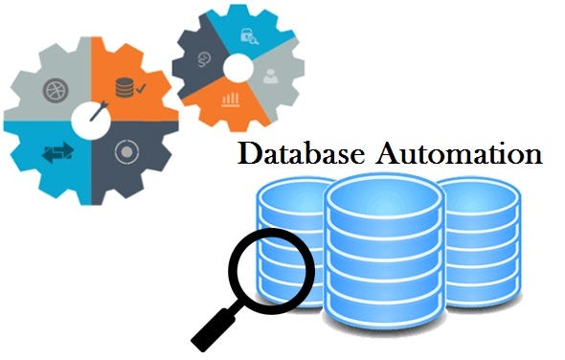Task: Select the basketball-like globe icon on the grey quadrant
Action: [55, 92]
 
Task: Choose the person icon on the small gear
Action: [271, 75]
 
